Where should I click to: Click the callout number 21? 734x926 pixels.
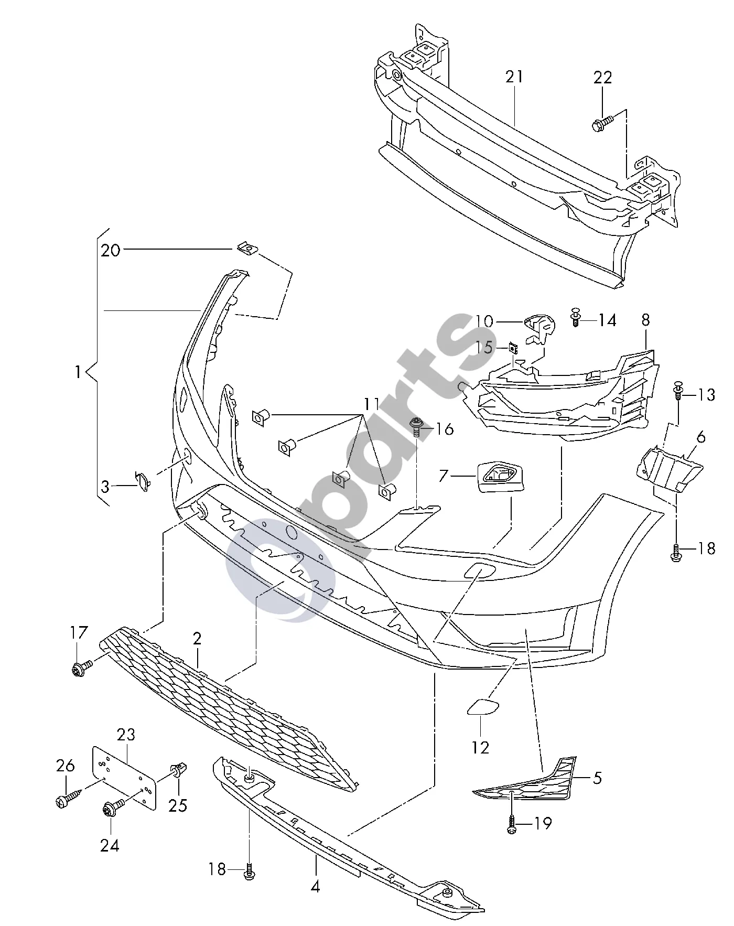[514, 77]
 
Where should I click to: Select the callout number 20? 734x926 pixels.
[111, 250]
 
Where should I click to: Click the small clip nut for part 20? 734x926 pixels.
[246, 247]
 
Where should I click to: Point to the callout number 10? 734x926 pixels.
[484, 320]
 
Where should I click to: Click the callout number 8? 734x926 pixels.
[645, 320]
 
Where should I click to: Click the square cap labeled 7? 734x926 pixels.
[500, 477]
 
